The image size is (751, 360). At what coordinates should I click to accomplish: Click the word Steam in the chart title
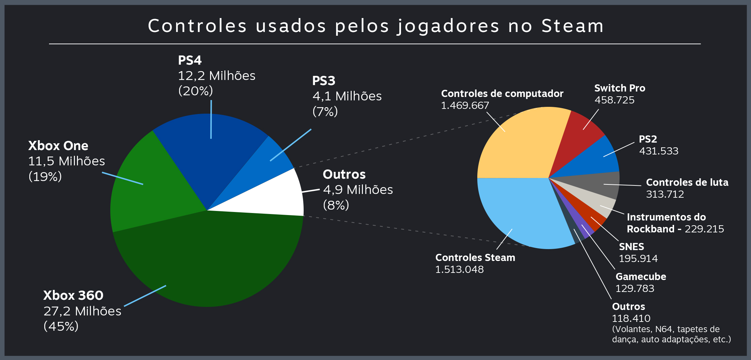[572, 26]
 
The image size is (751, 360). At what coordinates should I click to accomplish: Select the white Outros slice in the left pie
[272, 197]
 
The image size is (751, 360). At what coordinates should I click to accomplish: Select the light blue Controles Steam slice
[521, 211]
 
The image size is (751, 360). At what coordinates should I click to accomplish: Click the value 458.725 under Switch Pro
[614, 100]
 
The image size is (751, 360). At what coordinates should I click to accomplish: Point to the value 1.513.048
[459, 269]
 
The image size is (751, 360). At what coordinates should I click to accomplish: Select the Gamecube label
[641, 277]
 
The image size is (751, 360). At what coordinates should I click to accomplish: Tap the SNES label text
[631, 247]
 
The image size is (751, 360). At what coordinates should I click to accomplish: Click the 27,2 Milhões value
[82, 311]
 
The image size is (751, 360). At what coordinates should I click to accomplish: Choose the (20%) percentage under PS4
[195, 91]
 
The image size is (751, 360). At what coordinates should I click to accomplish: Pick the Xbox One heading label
[58, 146]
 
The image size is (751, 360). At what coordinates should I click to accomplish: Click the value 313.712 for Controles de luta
[665, 194]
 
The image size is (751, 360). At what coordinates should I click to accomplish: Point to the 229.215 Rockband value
[704, 229]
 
